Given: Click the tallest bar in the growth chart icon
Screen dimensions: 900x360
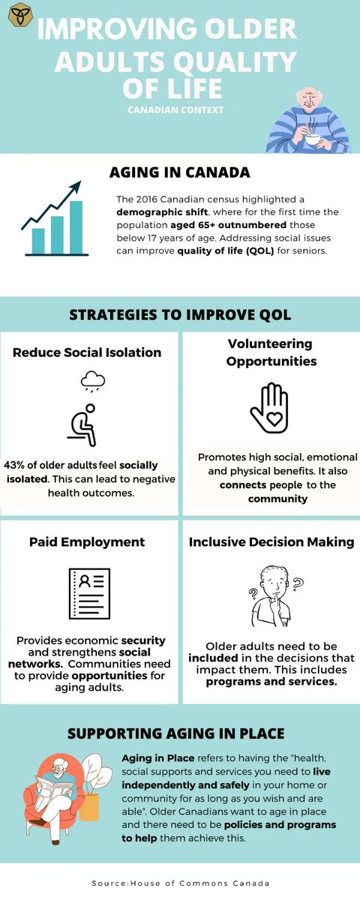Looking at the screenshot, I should tap(75, 226).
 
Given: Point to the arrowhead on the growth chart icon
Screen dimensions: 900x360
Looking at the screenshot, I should tap(76, 187).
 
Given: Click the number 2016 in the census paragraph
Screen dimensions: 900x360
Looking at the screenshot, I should tap(153, 199).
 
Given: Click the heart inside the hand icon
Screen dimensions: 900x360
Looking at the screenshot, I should tap(268, 415).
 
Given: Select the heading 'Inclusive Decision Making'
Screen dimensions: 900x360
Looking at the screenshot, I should tap(271, 541).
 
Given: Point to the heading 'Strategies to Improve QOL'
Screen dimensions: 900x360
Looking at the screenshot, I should tap(180, 314).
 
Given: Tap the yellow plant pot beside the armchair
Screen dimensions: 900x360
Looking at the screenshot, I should tap(89, 805).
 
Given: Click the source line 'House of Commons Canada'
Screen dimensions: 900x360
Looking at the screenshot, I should tap(180, 883).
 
